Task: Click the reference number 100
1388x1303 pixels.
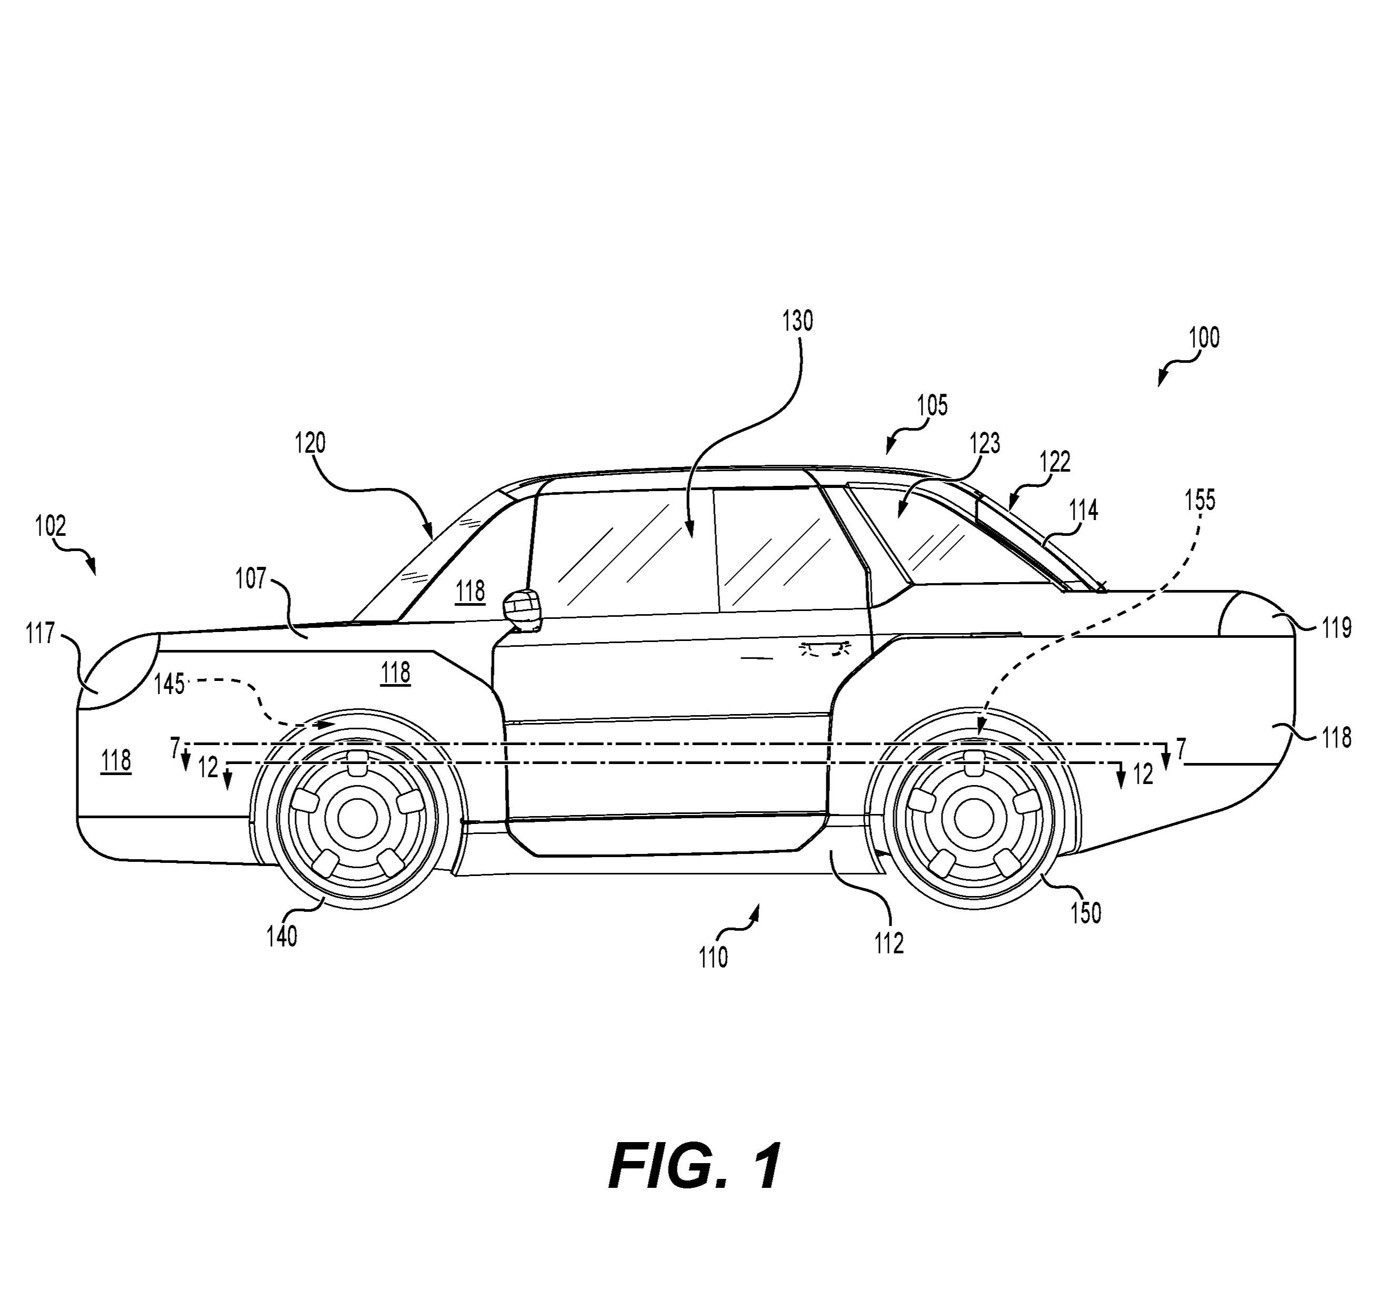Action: (1204, 337)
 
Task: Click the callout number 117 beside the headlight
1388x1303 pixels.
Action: (40, 634)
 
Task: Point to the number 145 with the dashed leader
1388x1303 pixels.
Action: (169, 685)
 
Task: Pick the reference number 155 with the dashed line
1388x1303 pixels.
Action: (1200, 500)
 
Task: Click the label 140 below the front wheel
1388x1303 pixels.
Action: (281, 936)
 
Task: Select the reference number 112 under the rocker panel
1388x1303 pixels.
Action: (889, 943)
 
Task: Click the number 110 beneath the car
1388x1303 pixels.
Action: (713, 958)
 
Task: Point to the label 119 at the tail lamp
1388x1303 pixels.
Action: (1336, 628)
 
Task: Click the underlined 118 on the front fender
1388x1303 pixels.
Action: (395, 673)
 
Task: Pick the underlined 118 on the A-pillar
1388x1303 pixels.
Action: (470, 591)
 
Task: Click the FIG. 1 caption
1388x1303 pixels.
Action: (694, 1167)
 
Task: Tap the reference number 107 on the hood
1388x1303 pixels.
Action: (251, 578)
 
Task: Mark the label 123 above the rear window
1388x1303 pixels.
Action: (985, 443)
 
